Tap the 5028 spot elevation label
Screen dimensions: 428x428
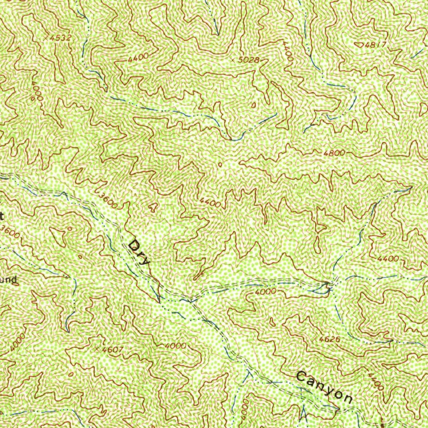pos(248,60)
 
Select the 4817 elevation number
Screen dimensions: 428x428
pos(375,45)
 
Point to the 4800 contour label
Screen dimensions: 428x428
pos(334,153)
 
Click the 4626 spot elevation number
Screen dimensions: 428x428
pos(329,339)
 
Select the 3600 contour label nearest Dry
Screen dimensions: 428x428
pos(108,200)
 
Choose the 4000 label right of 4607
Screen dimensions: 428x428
pos(175,346)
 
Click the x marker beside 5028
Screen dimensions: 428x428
pos(233,61)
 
